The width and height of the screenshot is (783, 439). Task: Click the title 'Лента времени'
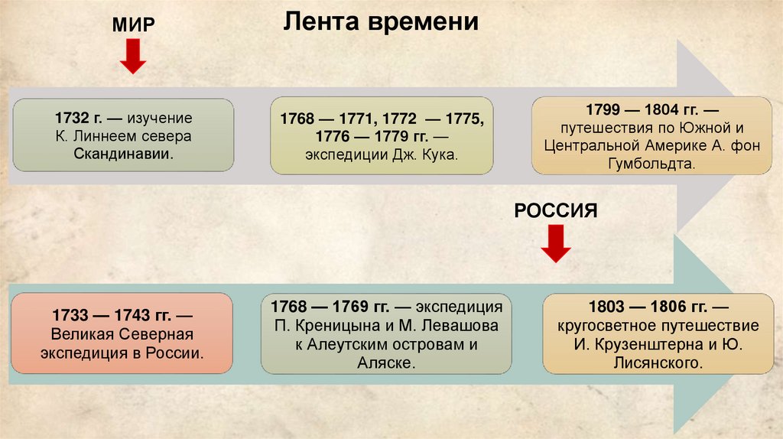click(x=381, y=22)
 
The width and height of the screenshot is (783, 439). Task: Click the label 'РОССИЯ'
click(x=555, y=210)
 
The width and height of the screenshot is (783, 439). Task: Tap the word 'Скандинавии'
click(x=123, y=154)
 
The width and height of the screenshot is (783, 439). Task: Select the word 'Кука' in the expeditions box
click(x=443, y=154)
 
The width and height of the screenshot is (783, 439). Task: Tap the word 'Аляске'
click(x=385, y=363)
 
